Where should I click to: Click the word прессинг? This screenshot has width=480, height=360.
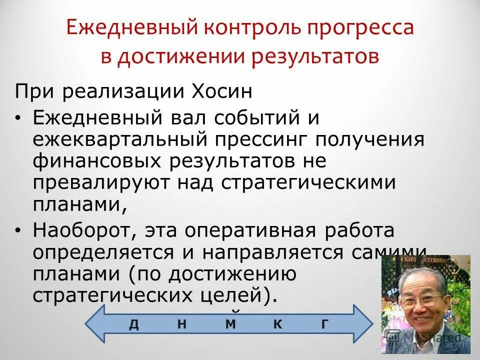257,140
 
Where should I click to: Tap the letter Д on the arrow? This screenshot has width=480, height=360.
134,324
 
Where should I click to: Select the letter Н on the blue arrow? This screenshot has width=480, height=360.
182,324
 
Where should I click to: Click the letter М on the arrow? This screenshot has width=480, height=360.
230,324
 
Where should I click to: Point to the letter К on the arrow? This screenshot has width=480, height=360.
278,324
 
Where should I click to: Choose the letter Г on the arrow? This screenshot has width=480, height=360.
325,324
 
